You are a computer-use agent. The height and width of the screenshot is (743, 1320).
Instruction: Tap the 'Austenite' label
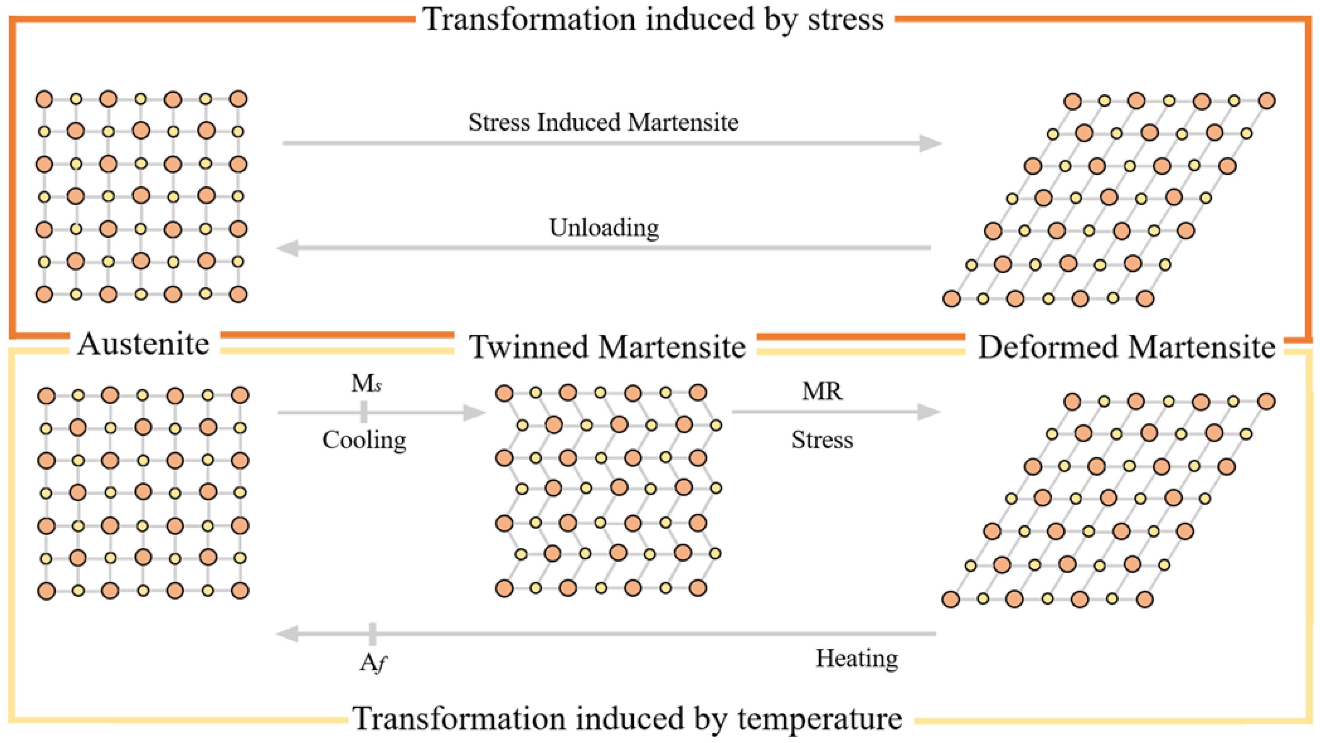tap(144, 344)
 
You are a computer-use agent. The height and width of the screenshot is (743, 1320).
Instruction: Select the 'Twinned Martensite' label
tap(607, 347)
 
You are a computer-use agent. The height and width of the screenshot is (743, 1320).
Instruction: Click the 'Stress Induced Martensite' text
tap(603, 122)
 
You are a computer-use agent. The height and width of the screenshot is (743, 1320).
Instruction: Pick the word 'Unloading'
tap(604, 228)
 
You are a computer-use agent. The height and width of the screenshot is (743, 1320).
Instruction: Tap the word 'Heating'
tap(857, 659)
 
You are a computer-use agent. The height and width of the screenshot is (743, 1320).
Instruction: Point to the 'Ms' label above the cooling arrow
tap(366, 383)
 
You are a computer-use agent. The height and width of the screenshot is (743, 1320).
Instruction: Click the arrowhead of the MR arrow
tap(929, 412)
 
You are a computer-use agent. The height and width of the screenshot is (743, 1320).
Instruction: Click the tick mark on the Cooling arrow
tap(364, 412)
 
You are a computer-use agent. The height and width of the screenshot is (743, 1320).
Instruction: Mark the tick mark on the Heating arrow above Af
tap(372, 634)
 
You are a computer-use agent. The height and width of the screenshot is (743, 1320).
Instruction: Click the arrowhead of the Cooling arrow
tap(474, 412)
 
